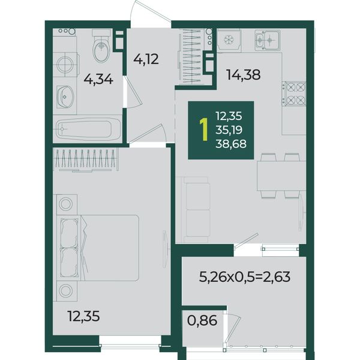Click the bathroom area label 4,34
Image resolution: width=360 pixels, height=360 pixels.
point(98,80)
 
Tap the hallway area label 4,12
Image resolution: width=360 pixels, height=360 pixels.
point(146,59)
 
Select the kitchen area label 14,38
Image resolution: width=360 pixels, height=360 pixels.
point(244,74)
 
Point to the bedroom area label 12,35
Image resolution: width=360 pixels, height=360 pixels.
point(84,316)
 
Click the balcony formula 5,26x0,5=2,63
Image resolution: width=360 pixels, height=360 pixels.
point(245,277)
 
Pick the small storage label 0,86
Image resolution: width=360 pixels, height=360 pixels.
point(202,320)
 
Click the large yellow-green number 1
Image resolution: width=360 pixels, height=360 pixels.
point(203,130)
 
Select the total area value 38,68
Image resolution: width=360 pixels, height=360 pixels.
point(231,144)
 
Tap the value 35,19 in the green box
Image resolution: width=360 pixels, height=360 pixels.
point(229,130)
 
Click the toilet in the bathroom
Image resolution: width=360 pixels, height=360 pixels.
point(101,46)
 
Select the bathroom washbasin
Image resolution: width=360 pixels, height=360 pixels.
point(65,97)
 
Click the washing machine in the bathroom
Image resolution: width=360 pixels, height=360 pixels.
point(65,64)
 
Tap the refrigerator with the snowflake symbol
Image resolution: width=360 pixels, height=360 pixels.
point(229,40)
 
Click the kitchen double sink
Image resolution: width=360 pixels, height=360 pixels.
point(268,40)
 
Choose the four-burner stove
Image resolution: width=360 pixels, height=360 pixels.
point(295,94)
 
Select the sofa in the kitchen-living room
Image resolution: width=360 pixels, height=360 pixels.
point(195,210)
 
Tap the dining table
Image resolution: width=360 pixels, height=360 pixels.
point(281,176)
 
